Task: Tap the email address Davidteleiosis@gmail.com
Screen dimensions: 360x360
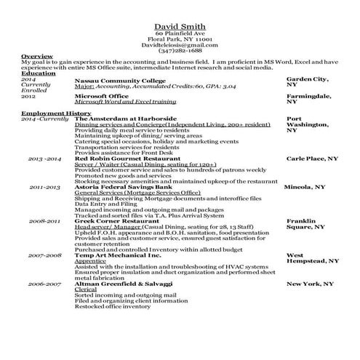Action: (179, 45)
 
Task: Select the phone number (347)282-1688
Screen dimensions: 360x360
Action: (179, 51)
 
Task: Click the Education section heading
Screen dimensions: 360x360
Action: (37, 73)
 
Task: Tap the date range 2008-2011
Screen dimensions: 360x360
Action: (44, 220)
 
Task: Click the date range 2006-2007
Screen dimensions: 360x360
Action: (44, 282)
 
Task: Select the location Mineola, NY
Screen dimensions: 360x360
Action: (304, 187)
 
